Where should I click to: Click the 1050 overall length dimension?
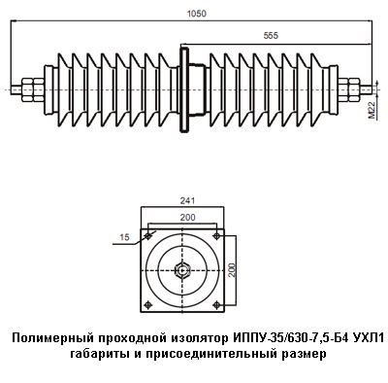click(196, 14)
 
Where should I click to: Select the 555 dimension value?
click(271, 36)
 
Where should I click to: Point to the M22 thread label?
click(372, 110)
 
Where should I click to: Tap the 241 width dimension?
click(187, 201)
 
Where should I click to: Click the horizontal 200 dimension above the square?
click(187, 218)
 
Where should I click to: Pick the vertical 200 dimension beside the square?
click(233, 269)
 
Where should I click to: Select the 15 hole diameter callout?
click(124, 237)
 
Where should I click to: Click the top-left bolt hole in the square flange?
click(148, 236)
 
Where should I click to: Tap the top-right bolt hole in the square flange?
click(217, 236)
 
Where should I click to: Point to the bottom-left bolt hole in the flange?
click(148, 304)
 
